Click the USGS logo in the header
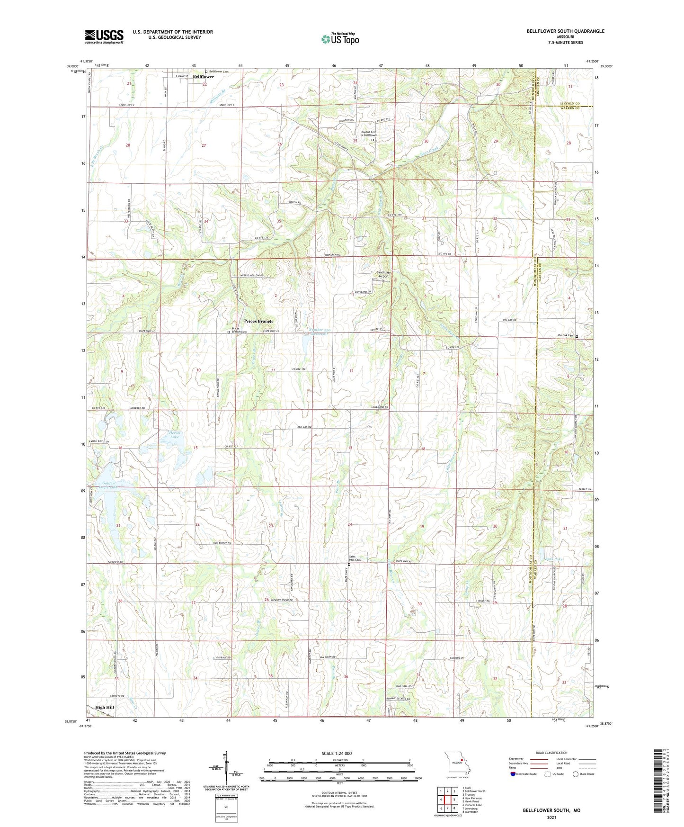tap(104, 36)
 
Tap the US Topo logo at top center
tap(339, 39)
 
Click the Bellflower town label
tap(203, 77)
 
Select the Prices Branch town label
tap(258, 321)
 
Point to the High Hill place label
tap(105, 708)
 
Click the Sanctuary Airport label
tap(382, 274)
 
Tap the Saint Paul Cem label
tap(355, 558)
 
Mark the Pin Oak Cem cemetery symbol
tap(576, 337)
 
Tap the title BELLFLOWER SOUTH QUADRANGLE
tap(565, 31)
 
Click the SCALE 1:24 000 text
tap(337, 754)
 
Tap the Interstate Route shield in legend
tap(514, 774)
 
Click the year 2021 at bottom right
tap(551, 817)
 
